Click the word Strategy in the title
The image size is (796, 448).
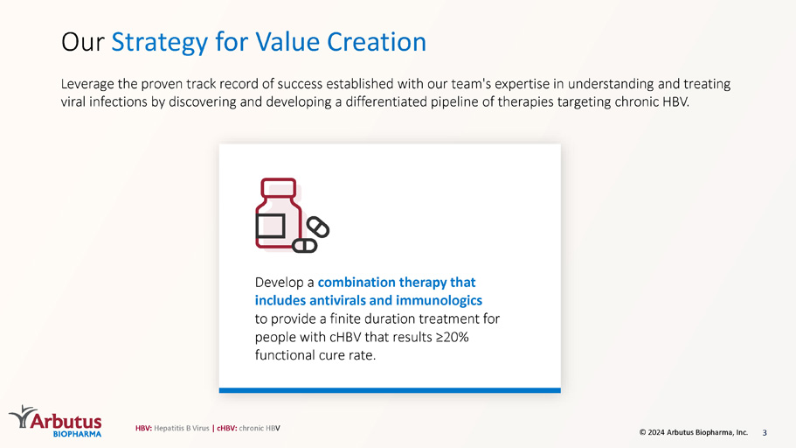coord(159,43)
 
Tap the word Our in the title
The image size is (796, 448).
coord(82,42)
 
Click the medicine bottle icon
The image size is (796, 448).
coord(278,213)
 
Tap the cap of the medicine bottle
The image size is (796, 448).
coord(278,186)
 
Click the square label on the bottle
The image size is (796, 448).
coord(270,226)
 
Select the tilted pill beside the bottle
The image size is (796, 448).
coord(318,227)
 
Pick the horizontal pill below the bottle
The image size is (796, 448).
coord(305,246)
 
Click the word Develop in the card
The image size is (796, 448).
coord(280,283)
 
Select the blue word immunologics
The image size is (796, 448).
coord(439,301)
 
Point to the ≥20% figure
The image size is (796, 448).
coord(453,337)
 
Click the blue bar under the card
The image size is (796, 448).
coord(390,390)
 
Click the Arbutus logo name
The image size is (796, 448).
coord(66,422)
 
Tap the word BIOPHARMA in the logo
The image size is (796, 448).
coord(77,434)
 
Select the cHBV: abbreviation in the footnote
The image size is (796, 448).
coord(227,428)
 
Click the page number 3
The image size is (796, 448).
coord(765,433)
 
